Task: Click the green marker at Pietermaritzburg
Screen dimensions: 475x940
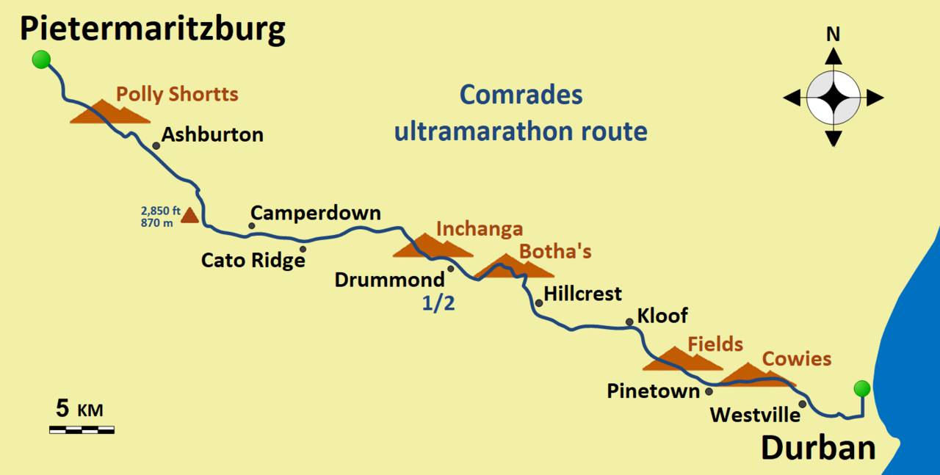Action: pos(41,60)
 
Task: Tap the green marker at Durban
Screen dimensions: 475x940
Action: pos(862,388)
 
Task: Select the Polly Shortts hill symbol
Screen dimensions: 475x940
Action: pos(109,112)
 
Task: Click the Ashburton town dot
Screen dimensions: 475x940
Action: pos(156,146)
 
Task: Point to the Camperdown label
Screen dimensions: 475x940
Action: pos(316,213)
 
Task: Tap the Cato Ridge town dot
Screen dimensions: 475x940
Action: pos(303,249)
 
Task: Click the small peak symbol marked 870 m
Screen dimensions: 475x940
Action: pos(189,215)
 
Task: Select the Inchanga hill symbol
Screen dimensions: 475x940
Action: pos(432,247)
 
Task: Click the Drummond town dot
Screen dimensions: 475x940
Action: pos(451,269)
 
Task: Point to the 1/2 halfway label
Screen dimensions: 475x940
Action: pos(438,303)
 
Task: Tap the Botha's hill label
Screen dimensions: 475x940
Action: pos(555,251)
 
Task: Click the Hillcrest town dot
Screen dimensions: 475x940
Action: pos(539,302)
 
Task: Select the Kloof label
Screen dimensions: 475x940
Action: pos(662,316)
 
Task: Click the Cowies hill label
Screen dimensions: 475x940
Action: pos(797,359)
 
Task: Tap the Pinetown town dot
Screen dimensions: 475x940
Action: pos(709,391)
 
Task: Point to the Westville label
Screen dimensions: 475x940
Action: pos(755,415)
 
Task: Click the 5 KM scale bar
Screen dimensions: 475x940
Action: pos(82,429)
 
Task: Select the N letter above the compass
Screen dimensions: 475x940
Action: pos(833,34)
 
